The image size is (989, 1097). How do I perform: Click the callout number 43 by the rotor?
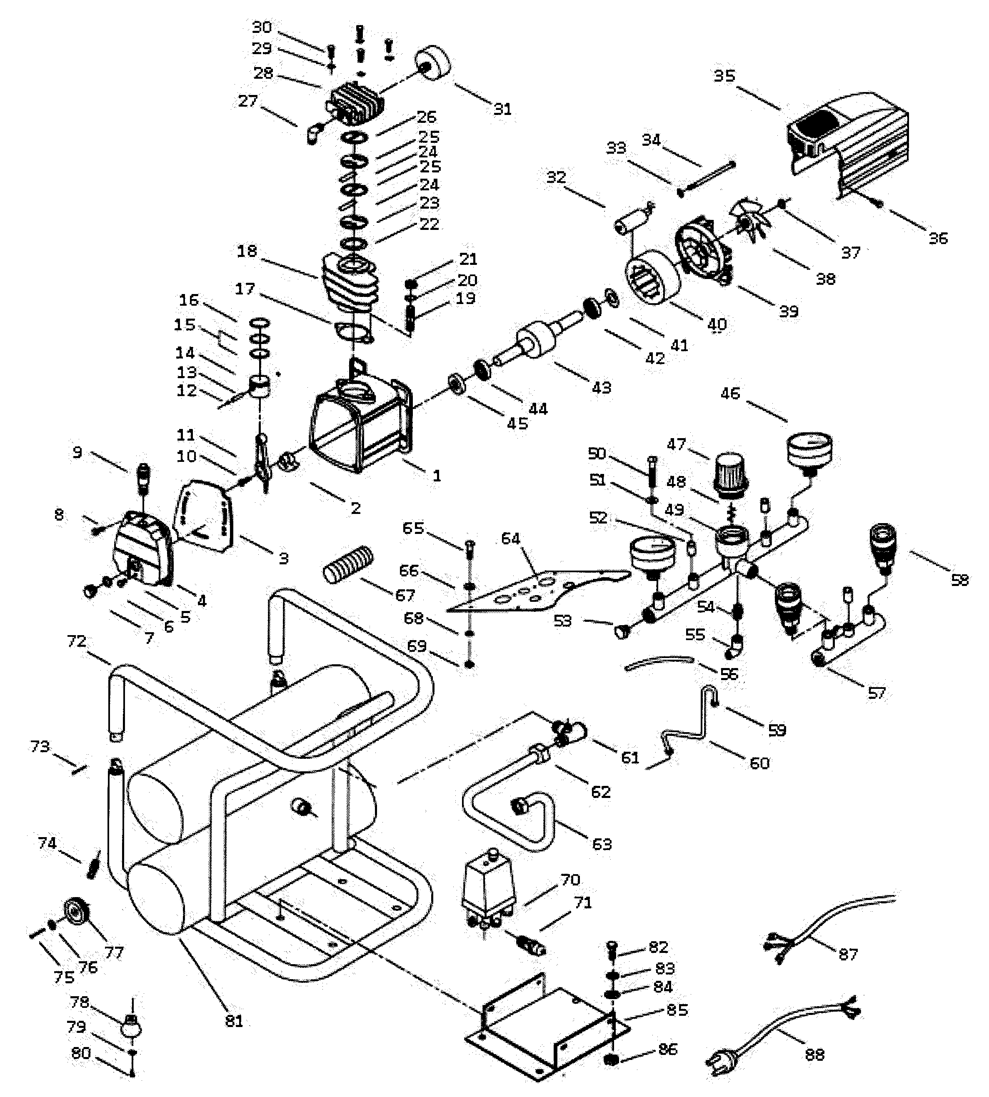tap(601, 387)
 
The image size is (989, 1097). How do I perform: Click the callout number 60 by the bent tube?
tap(759, 763)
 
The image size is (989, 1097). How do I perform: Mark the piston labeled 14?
tap(260, 386)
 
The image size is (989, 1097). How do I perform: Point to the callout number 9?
tap(77, 452)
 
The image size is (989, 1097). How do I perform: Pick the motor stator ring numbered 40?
tap(652, 282)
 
